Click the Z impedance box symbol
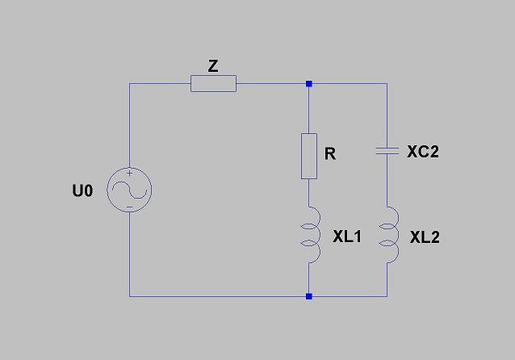click(213, 83)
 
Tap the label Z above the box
click(213, 66)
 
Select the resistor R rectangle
click(308, 156)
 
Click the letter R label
click(330, 153)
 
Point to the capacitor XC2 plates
click(387, 151)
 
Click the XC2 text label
click(423, 152)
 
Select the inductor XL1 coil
click(311, 235)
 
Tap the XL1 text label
click(347, 237)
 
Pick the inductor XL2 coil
click(389, 235)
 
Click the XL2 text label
click(425, 237)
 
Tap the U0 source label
click(82, 190)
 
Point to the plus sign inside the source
click(130, 173)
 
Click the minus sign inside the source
click(130, 207)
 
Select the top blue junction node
click(308, 84)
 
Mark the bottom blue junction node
click(308, 296)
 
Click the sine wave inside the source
click(129, 190)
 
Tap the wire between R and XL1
click(308, 193)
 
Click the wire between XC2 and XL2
click(387, 181)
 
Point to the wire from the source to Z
click(129, 83)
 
